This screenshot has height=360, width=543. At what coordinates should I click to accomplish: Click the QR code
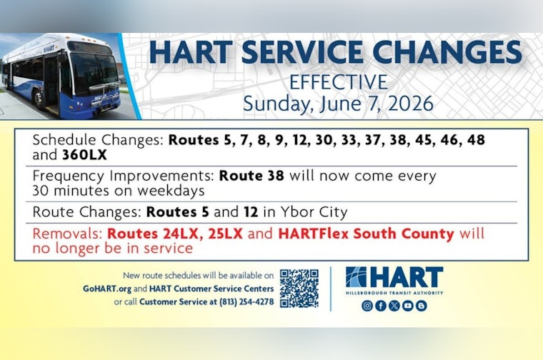[299, 288]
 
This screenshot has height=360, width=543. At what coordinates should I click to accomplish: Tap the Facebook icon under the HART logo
[381, 306]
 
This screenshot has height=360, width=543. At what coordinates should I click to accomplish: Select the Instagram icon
[367, 306]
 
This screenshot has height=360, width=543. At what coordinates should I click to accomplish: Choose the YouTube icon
[408, 306]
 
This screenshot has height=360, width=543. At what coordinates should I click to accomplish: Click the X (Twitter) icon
[394, 306]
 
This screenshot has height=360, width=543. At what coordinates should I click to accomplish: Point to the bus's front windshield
[91, 71]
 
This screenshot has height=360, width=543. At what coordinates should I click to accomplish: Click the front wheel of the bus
[39, 99]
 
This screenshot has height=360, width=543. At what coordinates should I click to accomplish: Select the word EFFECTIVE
[338, 82]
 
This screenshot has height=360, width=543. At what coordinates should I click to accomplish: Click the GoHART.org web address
[106, 288]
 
